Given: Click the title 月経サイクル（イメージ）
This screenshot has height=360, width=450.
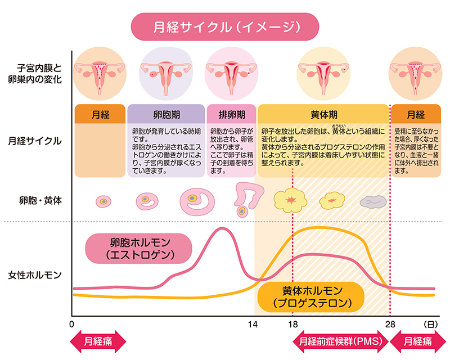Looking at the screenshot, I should pyautogui.click(x=225, y=26).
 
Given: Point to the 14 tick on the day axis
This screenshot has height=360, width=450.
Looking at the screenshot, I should pyautogui.click(x=253, y=325).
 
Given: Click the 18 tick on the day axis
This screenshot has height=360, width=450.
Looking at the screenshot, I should pyautogui.click(x=292, y=325).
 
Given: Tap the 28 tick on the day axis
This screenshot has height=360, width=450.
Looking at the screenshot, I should pyautogui.click(x=389, y=325).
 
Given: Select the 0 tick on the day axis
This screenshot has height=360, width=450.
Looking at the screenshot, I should pyautogui.click(x=72, y=325).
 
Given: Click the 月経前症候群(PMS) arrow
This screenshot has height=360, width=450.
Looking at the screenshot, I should pyautogui.click(x=338, y=341).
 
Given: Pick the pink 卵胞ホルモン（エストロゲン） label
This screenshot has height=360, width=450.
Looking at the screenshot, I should pyautogui.click(x=138, y=248).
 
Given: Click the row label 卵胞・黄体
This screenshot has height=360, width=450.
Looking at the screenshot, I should pyautogui.click(x=35, y=199).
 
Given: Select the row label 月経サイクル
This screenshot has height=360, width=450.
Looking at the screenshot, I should pyautogui.click(x=35, y=141).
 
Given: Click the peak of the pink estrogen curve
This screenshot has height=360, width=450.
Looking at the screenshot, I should pyautogui.click(x=223, y=228).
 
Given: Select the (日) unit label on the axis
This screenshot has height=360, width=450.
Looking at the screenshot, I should pyautogui.click(x=429, y=325).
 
